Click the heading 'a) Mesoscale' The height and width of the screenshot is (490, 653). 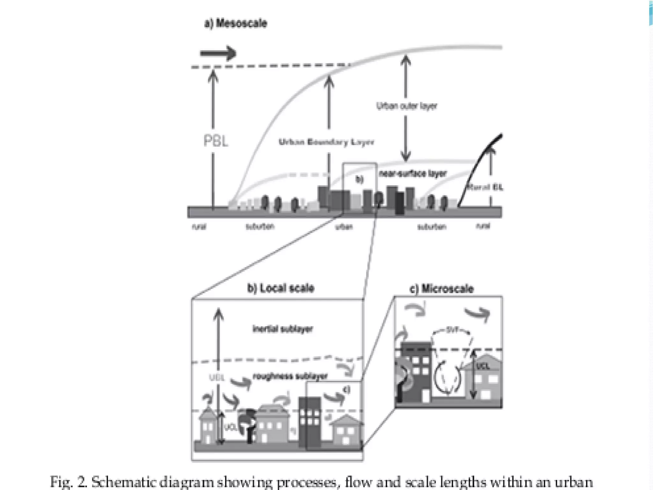click(x=236, y=23)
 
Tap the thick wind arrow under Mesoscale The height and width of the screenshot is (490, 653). click(x=218, y=53)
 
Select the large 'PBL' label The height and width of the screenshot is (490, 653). click(x=216, y=141)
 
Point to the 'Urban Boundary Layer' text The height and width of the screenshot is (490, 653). click(x=326, y=142)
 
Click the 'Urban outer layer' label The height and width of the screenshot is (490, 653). click(x=406, y=106)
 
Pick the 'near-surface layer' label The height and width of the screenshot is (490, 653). click(x=413, y=174)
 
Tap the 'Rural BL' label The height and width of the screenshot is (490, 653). click(x=485, y=187)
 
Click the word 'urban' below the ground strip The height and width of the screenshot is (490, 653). click(x=344, y=227)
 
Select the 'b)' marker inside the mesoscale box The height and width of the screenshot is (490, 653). click(x=359, y=180)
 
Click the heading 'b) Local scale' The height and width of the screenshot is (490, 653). click(x=281, y=288)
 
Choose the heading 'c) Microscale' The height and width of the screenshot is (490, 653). click(x=441, y=289)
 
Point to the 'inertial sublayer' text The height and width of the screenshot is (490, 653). click(x=282, y=329)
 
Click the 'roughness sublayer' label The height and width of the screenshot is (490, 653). click(x=290, y=376)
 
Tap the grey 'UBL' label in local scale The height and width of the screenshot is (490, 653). click(x=217, y=378)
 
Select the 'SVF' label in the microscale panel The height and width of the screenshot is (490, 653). click(x=451, y=330)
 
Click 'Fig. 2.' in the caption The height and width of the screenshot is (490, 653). click(x=68, y=482)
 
